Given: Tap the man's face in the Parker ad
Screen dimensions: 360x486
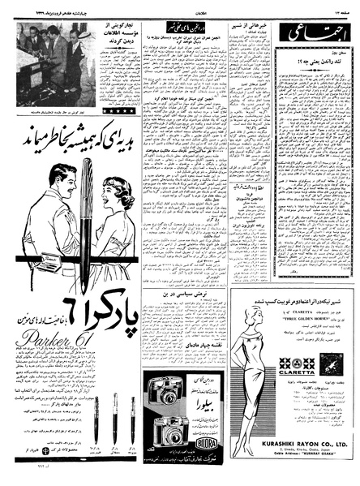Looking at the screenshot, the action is click(62, 182).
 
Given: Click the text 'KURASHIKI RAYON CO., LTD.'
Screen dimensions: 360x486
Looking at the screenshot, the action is click(297, 445).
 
